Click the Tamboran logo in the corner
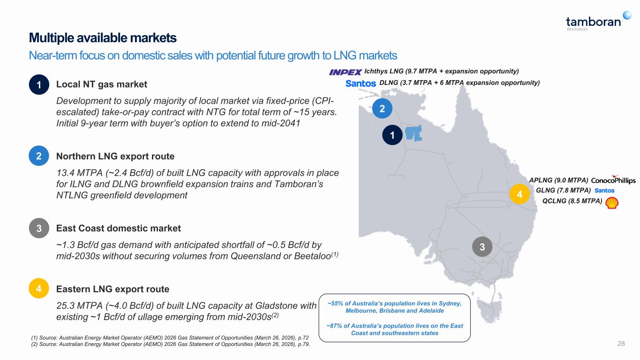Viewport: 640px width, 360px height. point(598,21)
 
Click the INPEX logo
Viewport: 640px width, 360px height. point(345,72)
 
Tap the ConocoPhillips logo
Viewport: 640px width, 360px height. point(613,180)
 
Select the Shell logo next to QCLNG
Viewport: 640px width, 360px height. point(612,203)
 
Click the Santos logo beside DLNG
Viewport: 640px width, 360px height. point(361,83)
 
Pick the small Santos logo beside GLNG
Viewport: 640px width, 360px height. point(604,191)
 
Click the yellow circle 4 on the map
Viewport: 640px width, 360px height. point(520,194)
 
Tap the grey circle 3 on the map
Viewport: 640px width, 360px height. point(482,247)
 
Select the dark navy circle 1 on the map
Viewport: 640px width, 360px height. point(392,135)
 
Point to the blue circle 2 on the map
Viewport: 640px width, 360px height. point(382,109)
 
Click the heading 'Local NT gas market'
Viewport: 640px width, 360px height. point(101,84)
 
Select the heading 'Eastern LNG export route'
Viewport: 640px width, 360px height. point(113,289)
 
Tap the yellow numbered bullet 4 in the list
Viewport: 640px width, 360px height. point(39,288)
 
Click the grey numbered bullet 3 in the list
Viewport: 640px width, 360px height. point(39,228)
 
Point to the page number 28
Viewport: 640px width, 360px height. point(621,344)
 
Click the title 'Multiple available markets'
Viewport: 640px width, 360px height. point(103,37)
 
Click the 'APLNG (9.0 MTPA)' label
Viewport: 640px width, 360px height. point(558,180)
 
